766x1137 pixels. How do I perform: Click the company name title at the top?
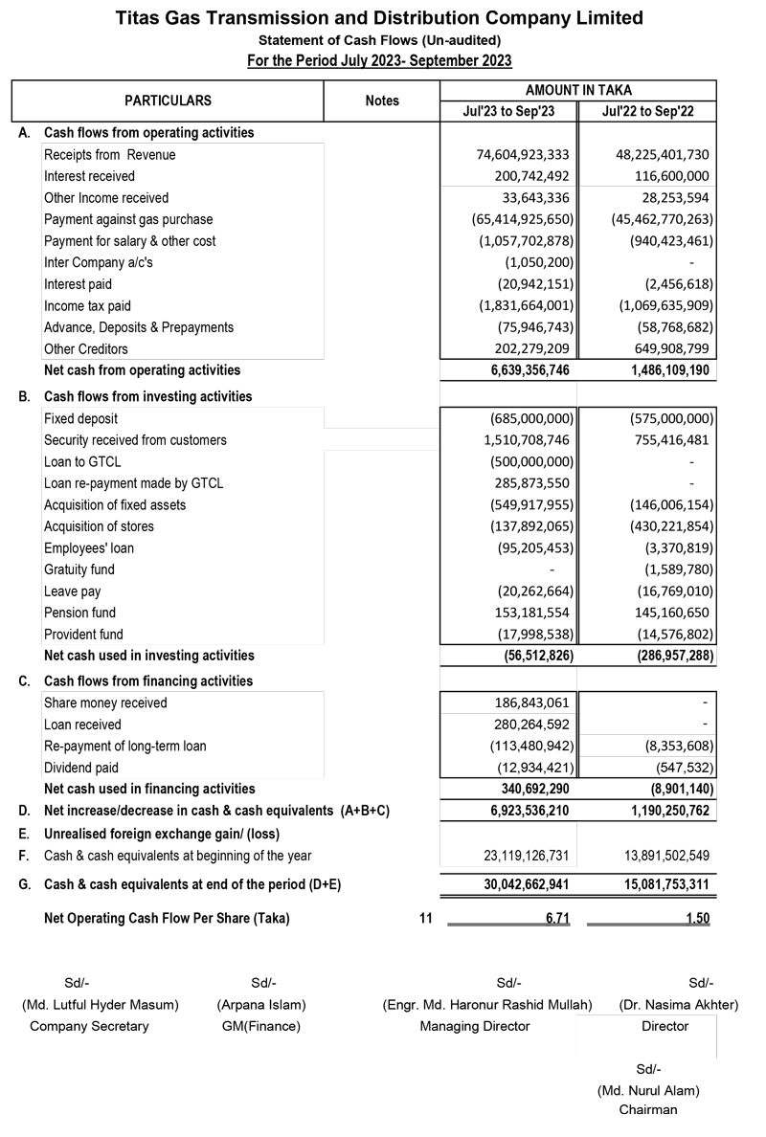tap(379, 18)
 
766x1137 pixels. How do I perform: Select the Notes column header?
tap(382, 100)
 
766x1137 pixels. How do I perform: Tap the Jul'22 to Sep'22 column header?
tap(647, 111)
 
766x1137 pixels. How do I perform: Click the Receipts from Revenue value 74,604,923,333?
tap(523, 154)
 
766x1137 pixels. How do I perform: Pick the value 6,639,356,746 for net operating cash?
tap(523, 370)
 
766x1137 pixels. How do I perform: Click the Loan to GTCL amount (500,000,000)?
tap(530, 461)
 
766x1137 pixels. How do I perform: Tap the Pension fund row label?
tap(79, 613)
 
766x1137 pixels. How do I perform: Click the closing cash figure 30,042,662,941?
tap(523, 885)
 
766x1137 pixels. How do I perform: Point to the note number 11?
tap(426, 919)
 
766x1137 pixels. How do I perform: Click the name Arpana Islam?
tap(261, 1005)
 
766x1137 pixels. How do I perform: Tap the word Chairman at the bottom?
tap(647, 1110)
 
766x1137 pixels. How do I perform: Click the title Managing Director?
tap(474, 1026)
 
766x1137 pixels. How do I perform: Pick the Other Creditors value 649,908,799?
tap(664, 348)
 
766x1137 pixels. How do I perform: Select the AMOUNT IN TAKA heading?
tap(578, 89)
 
